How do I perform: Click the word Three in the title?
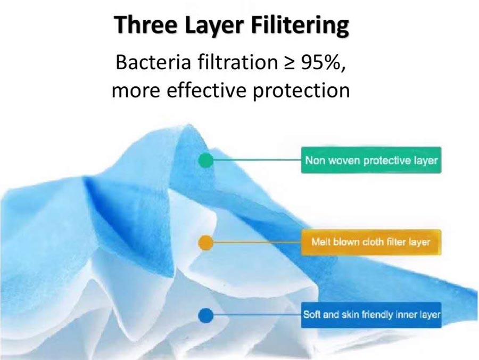[x=145, y=24]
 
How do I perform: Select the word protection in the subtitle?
[x=302, y=92]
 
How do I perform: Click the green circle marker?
[x=206, y=160]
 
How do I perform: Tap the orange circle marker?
[x=206, y=243]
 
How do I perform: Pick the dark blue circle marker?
[x=206, y=315]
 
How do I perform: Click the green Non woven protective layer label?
[x=371, y=160]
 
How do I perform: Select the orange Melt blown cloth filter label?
[x=371, y=242]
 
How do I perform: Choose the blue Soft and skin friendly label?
[x=371, y=315]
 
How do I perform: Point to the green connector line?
[x=257, y=160]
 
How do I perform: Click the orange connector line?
[x=257, y=242]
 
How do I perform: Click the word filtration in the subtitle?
[x=238, y=62]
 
